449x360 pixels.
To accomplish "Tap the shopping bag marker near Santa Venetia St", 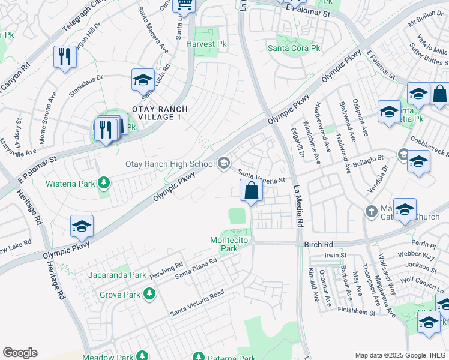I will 251,192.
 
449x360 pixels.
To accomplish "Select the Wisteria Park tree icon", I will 104,182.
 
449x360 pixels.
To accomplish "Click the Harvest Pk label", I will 205,44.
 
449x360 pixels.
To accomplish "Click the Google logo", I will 20,353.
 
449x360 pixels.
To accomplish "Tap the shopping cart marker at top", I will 184,5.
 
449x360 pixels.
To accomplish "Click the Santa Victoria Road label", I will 197,303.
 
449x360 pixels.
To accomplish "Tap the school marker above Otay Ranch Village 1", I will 143,80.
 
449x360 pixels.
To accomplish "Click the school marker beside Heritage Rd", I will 82,226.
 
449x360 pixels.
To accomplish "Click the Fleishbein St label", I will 352,312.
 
